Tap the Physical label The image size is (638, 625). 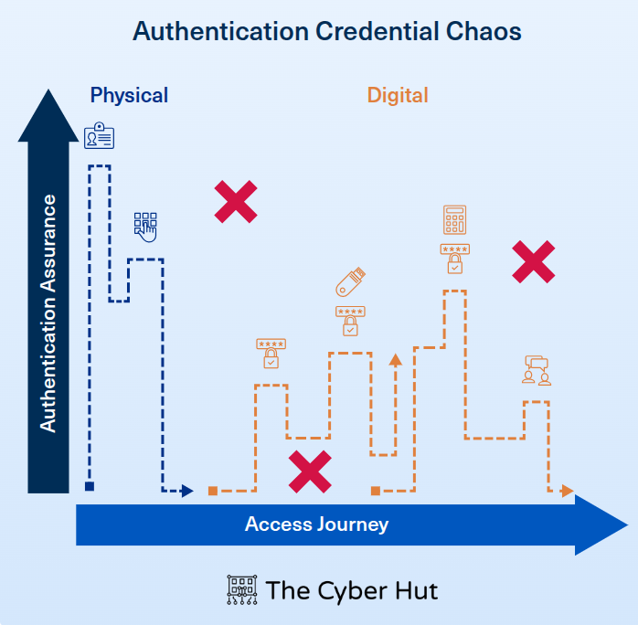coord(129,95)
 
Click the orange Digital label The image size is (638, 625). coord(398,95)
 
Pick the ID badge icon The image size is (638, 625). coord(99,137)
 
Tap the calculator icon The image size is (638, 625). coord(454,219)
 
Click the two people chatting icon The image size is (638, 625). coord(537,370)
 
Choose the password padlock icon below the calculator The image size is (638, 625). coord(454,259)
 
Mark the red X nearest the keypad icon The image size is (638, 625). coord(235,202)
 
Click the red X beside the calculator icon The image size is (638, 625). coord(533,262)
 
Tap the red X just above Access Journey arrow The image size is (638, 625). coord(310,471)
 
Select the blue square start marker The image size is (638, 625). coord(90,486)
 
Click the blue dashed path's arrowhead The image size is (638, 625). coord(187,491)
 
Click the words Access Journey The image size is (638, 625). coord(316,524)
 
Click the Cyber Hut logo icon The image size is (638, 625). coord(240,590)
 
